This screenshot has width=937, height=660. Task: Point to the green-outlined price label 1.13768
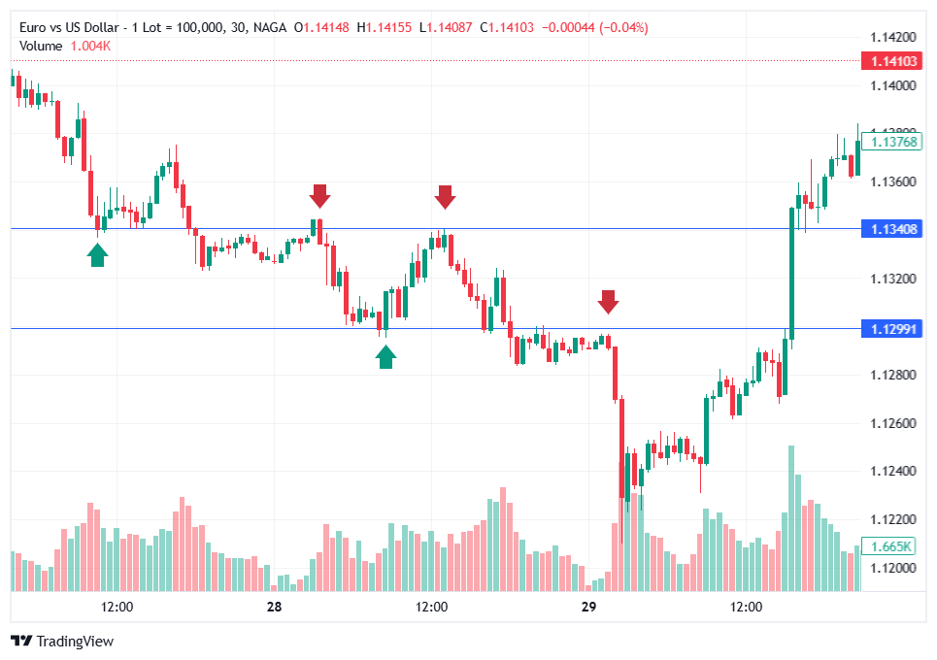tap(894, 142)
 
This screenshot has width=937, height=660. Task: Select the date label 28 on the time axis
tap(274, 608)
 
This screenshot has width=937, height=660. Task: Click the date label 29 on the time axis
tap(587, 608)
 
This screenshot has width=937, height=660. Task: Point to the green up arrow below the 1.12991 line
tap(386, 357)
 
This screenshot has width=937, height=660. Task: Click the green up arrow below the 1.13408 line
tap(97, 254)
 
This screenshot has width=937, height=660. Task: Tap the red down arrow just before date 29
tap(608, 301)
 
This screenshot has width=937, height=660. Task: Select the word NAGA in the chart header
tap(269, 28)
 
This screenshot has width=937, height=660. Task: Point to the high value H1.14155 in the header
tap(384, 28)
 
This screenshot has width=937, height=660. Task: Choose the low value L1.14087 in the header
tap(446, 28)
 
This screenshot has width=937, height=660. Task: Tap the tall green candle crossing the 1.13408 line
tap(791, 272)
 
